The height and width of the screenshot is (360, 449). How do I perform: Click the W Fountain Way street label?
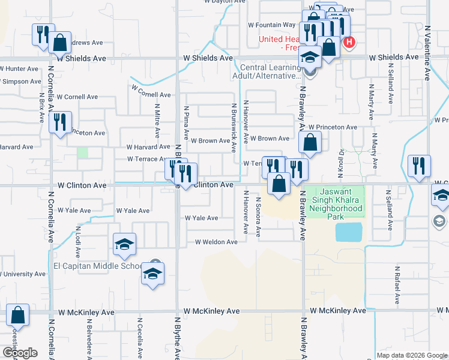272,25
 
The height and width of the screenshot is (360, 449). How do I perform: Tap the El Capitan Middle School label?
98,266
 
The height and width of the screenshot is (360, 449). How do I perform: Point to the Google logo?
20,353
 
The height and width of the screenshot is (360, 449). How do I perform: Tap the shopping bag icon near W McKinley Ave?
18,316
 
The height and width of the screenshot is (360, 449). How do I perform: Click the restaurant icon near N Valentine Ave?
418,166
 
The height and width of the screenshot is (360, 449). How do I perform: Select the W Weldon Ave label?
215,242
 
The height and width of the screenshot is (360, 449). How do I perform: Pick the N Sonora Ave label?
259,217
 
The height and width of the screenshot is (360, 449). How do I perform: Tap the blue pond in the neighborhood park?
349,232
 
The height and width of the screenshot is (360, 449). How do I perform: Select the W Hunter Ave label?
19,69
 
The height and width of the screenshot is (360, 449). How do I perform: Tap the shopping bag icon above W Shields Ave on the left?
59,43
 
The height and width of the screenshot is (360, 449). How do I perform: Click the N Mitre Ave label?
157,121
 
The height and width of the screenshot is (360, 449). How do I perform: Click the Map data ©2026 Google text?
412,355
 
